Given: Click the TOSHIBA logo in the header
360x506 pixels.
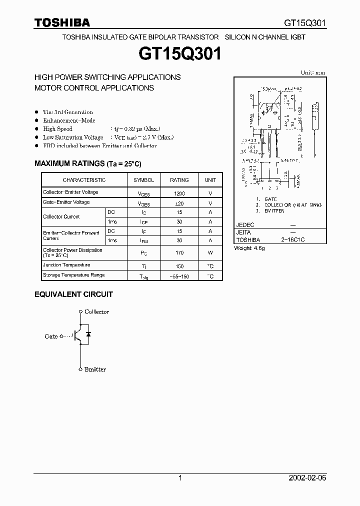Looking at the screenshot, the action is click(x=62, y=22).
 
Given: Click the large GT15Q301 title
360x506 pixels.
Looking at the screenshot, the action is click(x=179, y=54).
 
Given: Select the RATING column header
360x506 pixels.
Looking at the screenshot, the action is click(x=179, y=180).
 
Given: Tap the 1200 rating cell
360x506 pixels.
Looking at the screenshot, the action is click(x=179, y=193).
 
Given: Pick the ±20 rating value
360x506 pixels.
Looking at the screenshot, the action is click(x=179, y=203).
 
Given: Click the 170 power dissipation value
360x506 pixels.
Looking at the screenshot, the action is click(x=179, y=253).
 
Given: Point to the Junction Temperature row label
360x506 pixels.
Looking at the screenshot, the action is click(x=66, y=265).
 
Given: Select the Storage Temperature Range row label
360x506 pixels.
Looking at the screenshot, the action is click(x=73, y=275).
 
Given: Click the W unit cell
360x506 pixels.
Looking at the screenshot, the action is click(x=210, y=253).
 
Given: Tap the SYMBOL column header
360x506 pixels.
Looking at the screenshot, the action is click(x=144, y=180).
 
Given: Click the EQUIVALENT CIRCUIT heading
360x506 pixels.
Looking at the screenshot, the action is click(x=73, y=294).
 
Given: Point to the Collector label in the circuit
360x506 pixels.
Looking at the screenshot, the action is click(x=96, y=312).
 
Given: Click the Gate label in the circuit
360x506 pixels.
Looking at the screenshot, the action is click(x=51, y=336).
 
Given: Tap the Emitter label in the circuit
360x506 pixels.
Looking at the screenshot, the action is click(x=95, y=369).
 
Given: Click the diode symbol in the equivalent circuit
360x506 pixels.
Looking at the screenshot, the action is click(x=88, y=333).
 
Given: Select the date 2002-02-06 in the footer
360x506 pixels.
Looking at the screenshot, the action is click(x=307, y=478).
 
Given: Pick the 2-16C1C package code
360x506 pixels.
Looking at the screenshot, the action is click(x=292, y=240).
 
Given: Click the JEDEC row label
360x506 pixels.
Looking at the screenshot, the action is click(x=245, y=225).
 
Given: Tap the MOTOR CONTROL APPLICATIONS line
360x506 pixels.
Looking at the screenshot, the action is click(x=94, y=87).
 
